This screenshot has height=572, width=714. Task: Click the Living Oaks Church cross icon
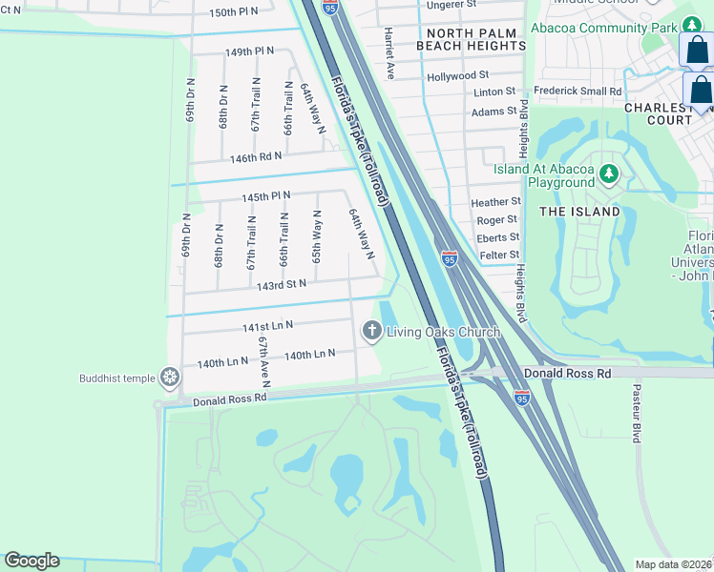(x=371, y=331)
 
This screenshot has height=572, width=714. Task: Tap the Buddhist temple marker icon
(x=170, y=378)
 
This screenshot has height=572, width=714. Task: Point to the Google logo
(x=31, y=561)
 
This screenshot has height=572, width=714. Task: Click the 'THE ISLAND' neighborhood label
(x=579, y=211)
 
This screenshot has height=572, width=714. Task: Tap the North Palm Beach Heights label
(x=466, y=40)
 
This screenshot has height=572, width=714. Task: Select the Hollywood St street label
(x=458, y=75)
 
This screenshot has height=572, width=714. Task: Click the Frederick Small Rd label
(x=577, y=92)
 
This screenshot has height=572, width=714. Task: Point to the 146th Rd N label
(x=256, y=156)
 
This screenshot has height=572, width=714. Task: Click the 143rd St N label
(x=274, y=284)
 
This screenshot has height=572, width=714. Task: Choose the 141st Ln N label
(x=267, y=326)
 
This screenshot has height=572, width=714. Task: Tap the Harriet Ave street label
(x=389, y=51)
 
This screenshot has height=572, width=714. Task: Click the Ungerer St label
(x=452, y=5)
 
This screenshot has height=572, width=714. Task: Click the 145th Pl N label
(x=265, y=196)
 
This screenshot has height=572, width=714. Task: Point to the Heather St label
(x=496, y=202)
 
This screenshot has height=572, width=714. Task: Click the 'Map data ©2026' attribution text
(x=674, y=564)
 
